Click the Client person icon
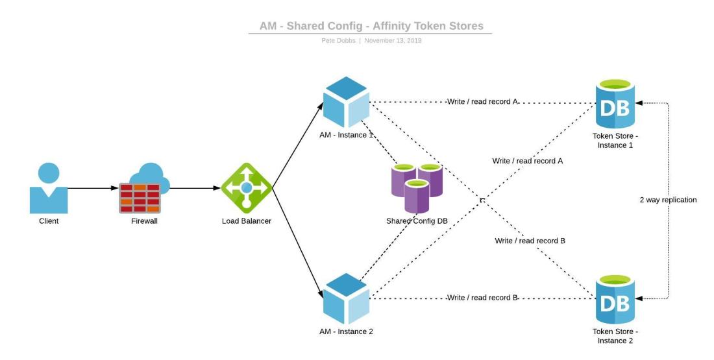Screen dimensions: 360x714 click(x=49, y=188)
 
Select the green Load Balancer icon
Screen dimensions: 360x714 click(x=247, y=188)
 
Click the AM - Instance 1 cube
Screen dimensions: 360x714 click(x=346, y=102)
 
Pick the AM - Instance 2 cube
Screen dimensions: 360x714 click(x=346, y=299)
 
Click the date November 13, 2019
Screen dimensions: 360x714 click(x=393, y=40)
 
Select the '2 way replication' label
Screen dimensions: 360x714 click(x=668, y=200)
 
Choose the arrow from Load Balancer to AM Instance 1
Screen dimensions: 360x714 click(x=297, y=146)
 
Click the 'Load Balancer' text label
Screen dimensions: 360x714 click(x=247, y=221)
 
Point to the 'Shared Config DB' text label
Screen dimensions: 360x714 click(x=417, y=221)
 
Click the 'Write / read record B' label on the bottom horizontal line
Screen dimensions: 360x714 click(x=482, y=298)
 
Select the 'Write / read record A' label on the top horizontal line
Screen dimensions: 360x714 click(x=482, y=102)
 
